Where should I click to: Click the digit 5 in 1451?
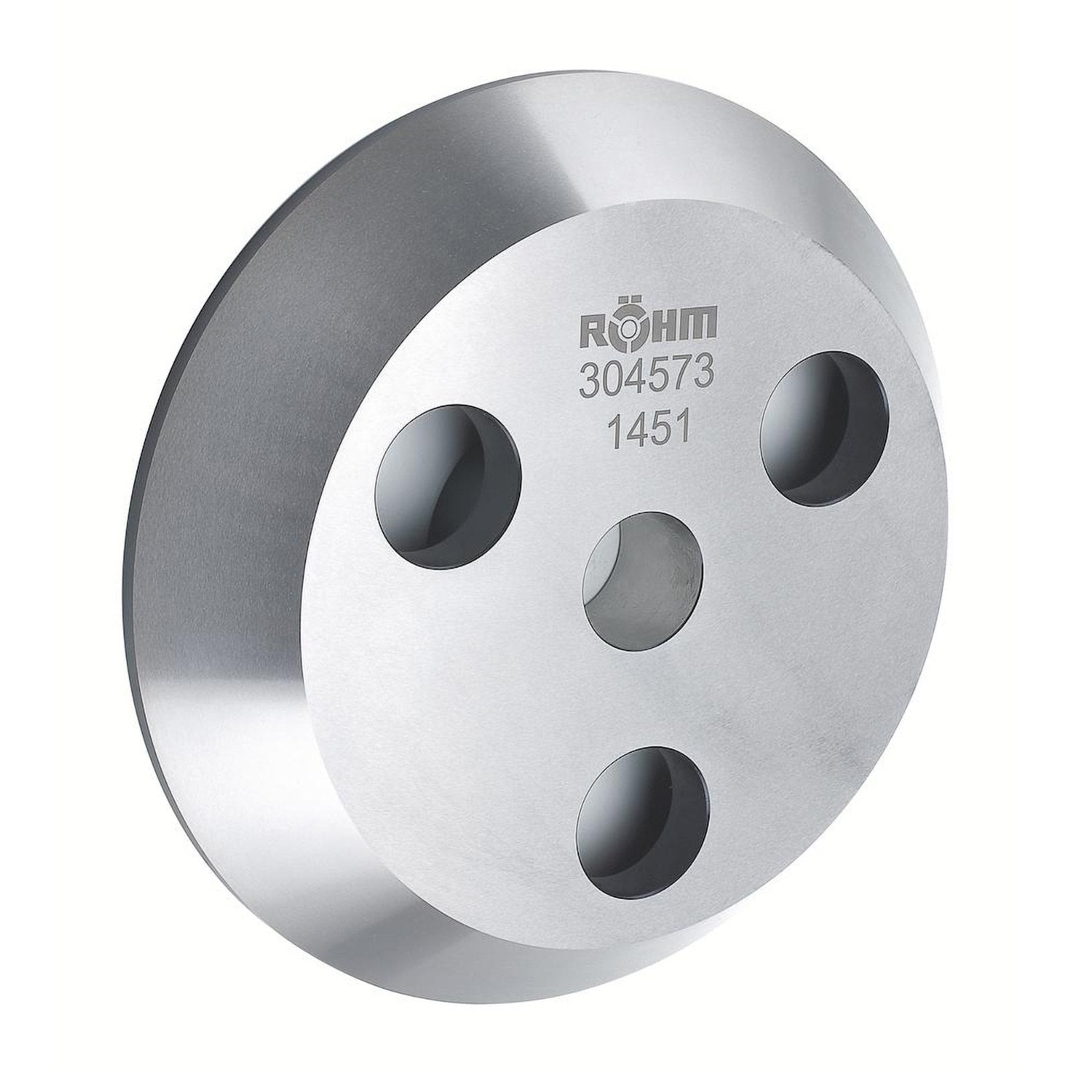(661, 426)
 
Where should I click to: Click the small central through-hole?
(644, 574)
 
